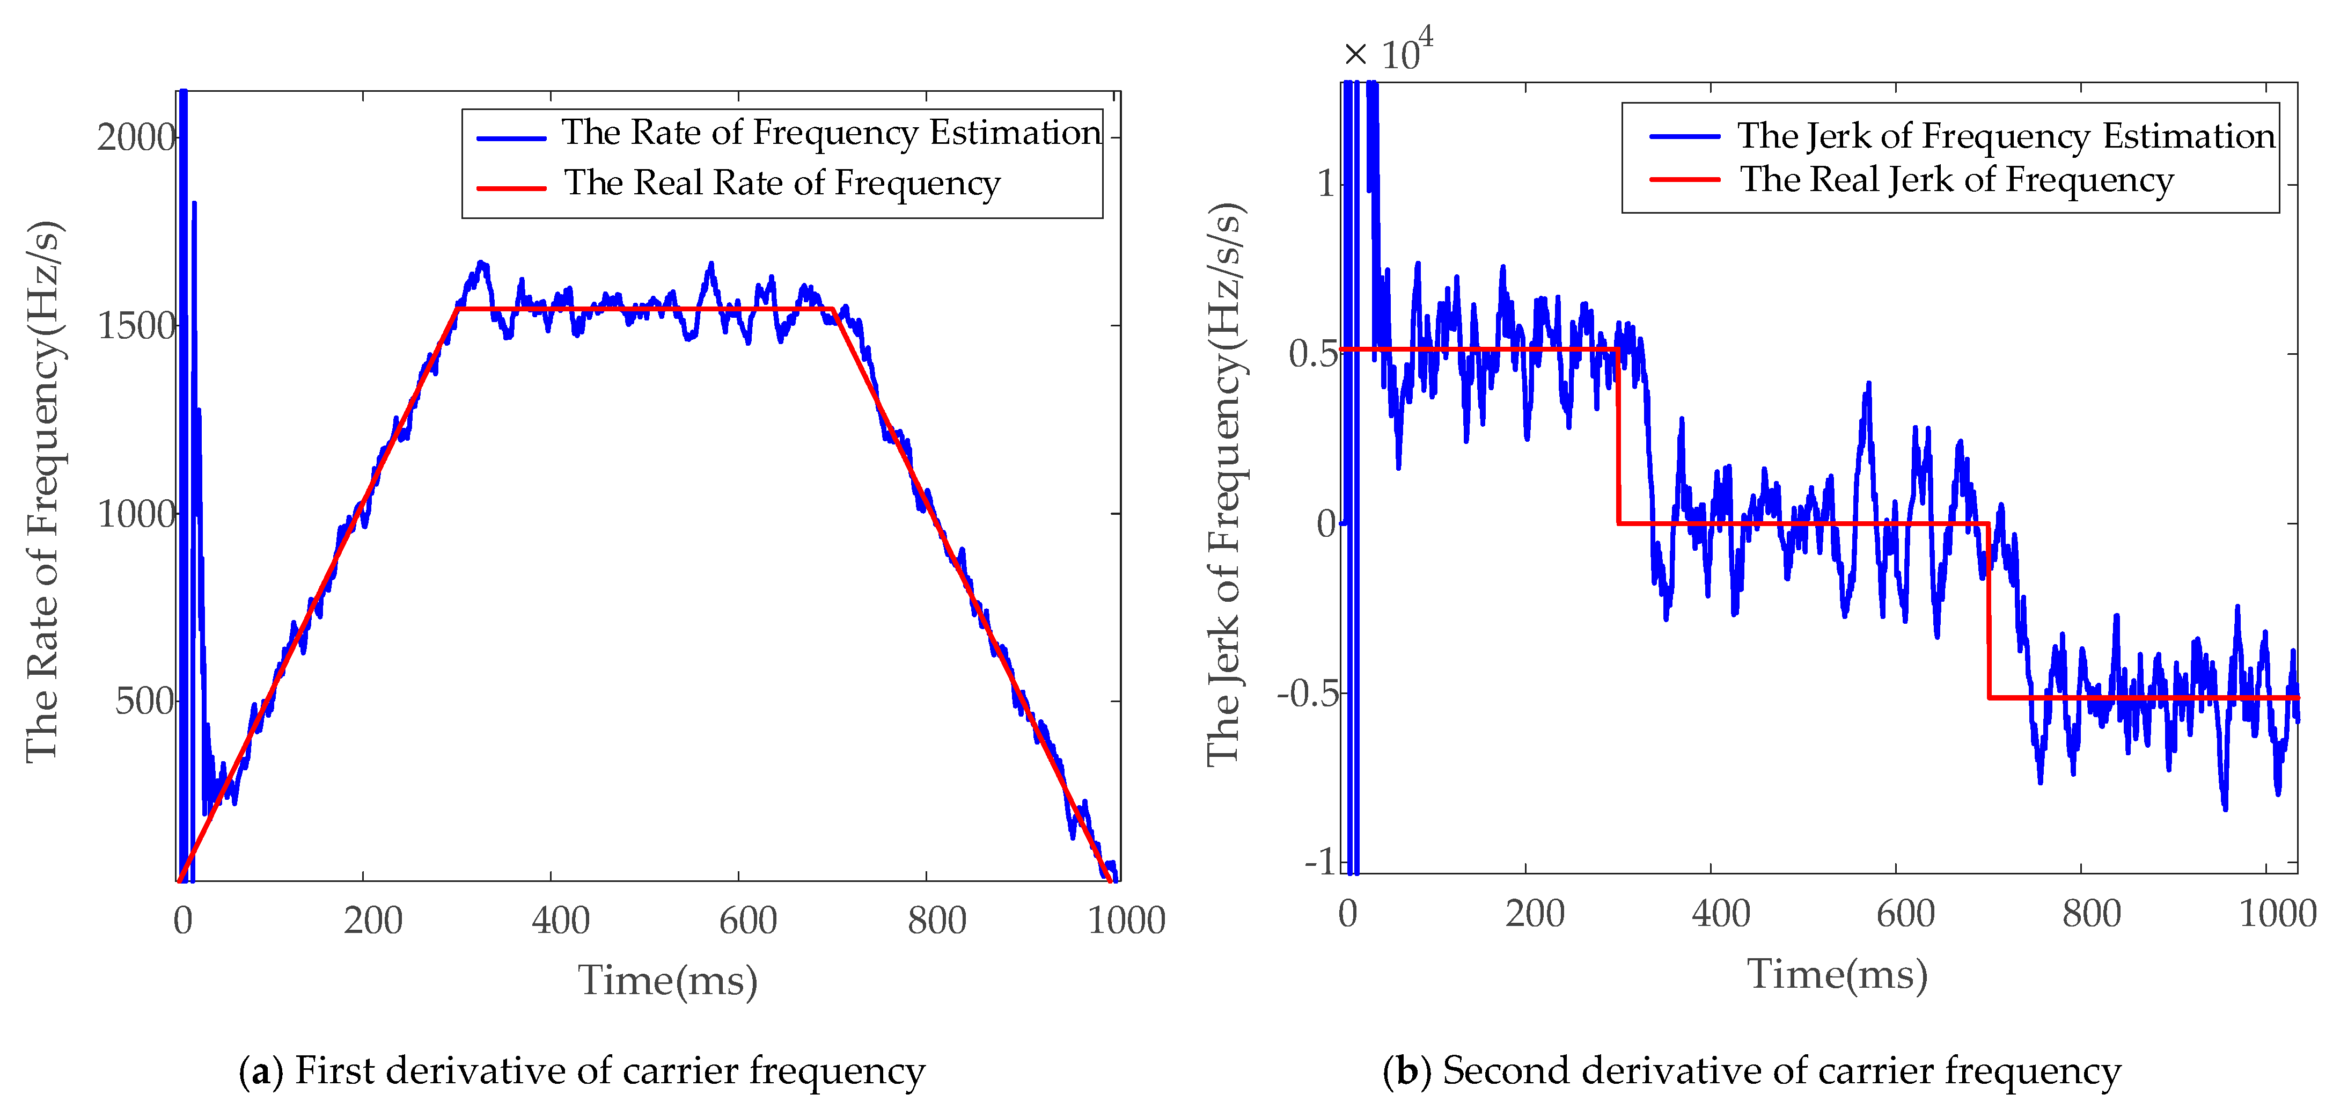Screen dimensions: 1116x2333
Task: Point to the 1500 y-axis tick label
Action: click(x=136, y=326)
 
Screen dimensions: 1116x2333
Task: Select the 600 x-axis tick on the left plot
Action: click(x=748, y=920)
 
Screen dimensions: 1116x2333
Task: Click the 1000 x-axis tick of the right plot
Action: click(x=2277, y=913)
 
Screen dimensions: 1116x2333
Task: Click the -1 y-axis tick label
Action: click(x=1320, y=862)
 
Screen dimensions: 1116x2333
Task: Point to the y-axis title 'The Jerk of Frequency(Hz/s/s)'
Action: click(x=1224, y=485)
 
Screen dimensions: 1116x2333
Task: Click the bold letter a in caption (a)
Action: click(x=261, y=1071)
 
